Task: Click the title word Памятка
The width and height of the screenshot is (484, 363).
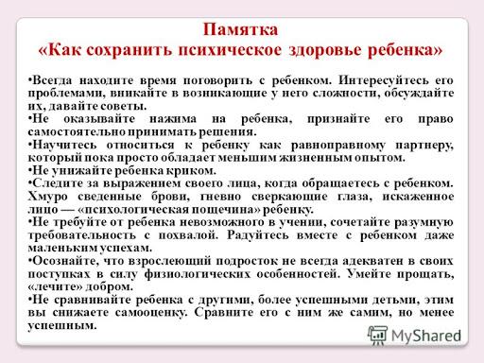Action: coord(240,29)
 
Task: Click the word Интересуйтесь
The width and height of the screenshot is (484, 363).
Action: coord(384,80)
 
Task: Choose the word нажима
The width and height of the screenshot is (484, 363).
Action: coord(173,119)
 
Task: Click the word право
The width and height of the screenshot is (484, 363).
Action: coord(436,119)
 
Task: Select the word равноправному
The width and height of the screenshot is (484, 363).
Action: coord(337,146)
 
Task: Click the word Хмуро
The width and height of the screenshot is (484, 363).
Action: coord(47,197)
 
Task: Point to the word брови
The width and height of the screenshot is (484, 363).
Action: coord(170,197)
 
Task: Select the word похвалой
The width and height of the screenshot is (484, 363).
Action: coord(188,235)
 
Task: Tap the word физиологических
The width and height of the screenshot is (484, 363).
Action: coord(198,274)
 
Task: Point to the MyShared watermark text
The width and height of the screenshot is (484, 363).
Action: coord(425,336)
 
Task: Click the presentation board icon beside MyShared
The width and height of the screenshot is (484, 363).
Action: coord(377,336)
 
